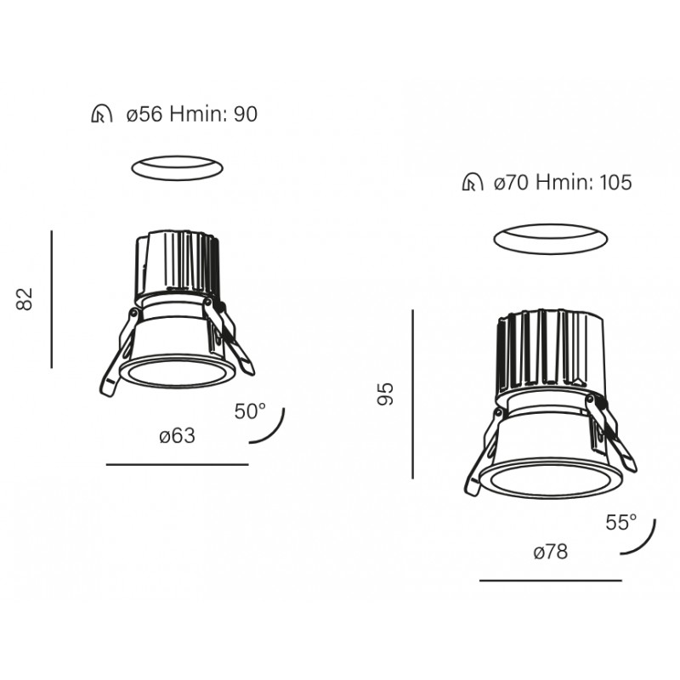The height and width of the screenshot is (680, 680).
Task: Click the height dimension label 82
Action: [25, 299]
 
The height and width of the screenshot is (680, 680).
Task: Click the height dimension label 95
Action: [385, 394]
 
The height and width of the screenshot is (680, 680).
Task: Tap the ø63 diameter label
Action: [178, 436]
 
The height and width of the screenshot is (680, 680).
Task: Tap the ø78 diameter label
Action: [550, 552]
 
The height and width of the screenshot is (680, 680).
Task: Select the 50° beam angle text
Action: [250, 411]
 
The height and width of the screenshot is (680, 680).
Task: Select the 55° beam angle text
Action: [621, 522]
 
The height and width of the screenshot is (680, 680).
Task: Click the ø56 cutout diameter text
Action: [144, 115]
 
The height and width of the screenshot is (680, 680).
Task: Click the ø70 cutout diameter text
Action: [512, 182]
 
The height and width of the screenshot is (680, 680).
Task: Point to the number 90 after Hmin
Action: [246, 115]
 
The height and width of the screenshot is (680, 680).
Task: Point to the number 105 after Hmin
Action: [615, 182]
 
